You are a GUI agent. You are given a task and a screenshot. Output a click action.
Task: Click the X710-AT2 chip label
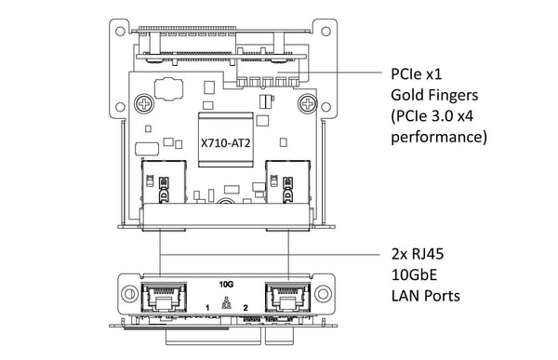tap(226, 143)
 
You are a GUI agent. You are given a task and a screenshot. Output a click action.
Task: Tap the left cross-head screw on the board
tap(144, 104)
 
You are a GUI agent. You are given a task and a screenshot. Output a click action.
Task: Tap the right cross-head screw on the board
tap(308, 104)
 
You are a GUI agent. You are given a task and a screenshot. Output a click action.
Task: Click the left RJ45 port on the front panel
tap(164, 297)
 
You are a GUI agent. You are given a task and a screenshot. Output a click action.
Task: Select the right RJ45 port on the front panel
tap(288, 297)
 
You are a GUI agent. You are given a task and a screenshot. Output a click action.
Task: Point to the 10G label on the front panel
tap(226, 284)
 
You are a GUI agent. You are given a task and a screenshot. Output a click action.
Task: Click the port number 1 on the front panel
tap(207, 308)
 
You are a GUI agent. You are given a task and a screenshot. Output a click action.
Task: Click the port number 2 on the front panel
tap(246, 308)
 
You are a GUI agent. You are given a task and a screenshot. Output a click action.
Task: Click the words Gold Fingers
tap(434, 95)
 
